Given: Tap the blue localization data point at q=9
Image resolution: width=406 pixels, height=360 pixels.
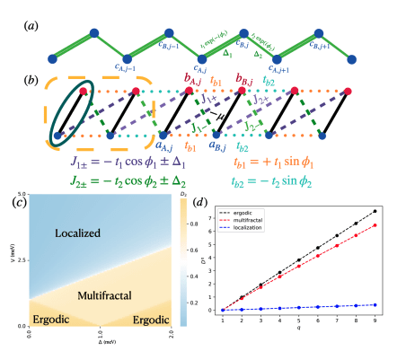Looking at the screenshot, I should pos(375,304).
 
